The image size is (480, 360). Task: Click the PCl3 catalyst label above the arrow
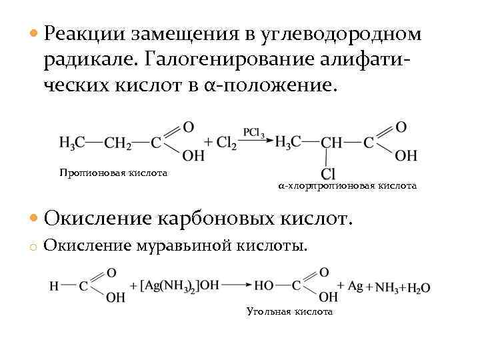[255, 131]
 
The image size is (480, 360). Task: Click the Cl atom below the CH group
[327, 173]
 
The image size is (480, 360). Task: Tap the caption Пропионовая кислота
[113, 173]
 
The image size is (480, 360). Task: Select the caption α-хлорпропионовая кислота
[347, 186]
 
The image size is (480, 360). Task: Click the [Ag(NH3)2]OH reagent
[180, 286]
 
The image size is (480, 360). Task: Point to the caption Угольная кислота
[289, 311]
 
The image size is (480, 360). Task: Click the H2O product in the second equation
[417, 288]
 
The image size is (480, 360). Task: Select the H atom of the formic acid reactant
[53, 285]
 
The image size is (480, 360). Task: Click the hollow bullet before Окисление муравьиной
[32, 247]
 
